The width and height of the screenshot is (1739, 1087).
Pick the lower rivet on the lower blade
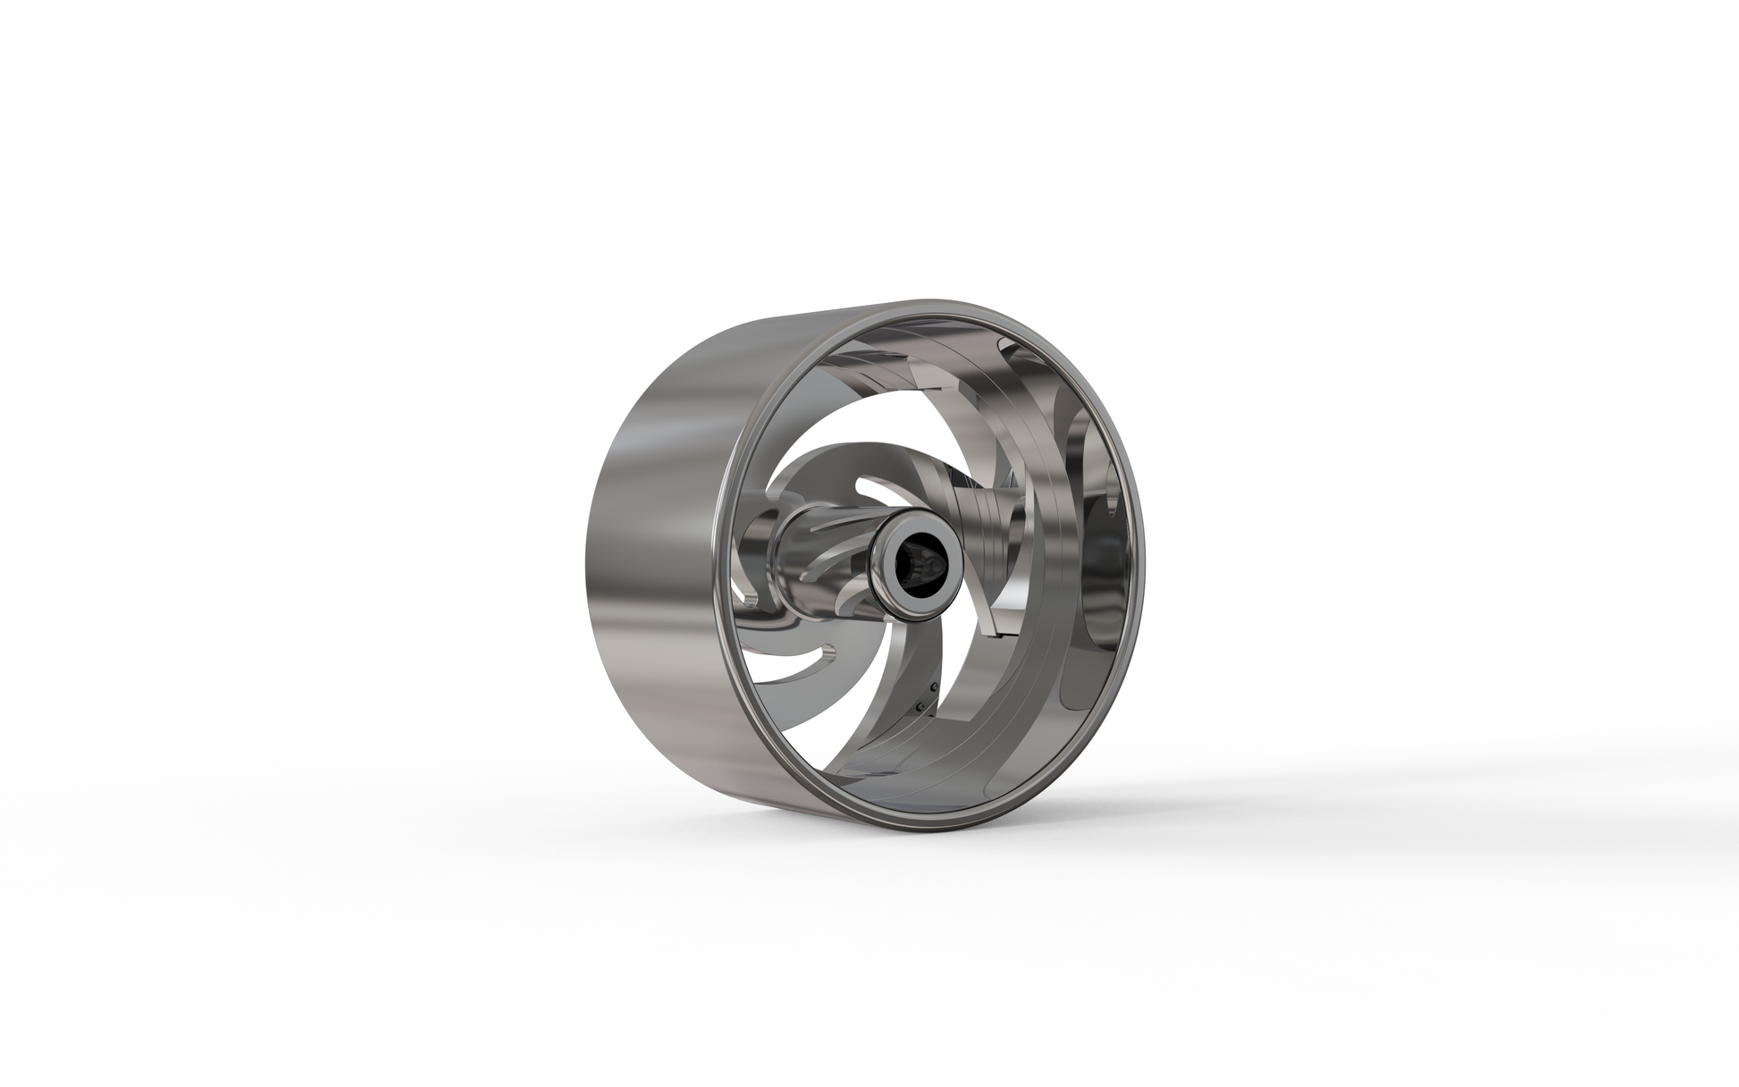[x=920, y=705]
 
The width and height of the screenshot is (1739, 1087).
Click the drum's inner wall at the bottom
[x=938, y=787]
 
